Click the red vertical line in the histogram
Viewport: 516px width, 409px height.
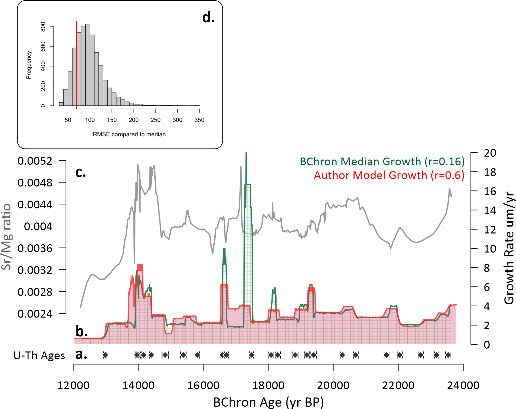pyautogui.click(x=76, y=64)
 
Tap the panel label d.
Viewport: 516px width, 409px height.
pyautogui.click(x=208, y=17)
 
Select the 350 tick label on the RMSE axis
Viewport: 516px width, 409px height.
pyautogui.click(x=199, y=120)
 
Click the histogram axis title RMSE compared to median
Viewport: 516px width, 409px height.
pyautogui.click(x=129, y=135)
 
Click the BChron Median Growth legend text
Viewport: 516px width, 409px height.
pyautogui.click(x=382, y=161)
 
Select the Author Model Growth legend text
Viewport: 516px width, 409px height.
pyautogui.click(x=389, y=175)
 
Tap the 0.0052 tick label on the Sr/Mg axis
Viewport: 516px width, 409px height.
pyautogui.click(x=35, y=161)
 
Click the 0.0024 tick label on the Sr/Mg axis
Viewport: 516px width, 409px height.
pyautogui.click(x=35, y=314)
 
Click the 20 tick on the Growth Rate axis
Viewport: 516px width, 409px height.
pyautogui.click(x=490, y=153)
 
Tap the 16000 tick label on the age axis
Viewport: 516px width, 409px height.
pyautogui.click(x=203, y=385)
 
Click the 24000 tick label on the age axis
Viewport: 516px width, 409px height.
pyautogui.click(x=463, y=385)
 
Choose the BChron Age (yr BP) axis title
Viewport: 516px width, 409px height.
pyautogui.click(x=268, y=402)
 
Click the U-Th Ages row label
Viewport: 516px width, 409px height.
pyautogui.click(x=39, y=355)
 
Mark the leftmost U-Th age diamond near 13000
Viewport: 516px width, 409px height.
pyautogui.click(x=105, y=355)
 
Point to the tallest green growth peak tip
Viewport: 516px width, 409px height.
pyautogui.click(x=246, y=153)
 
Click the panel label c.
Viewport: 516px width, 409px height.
pyautogui.click(x=81, y=172)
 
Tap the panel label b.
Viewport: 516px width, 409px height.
pyautogui.click(x=82, y=331)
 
